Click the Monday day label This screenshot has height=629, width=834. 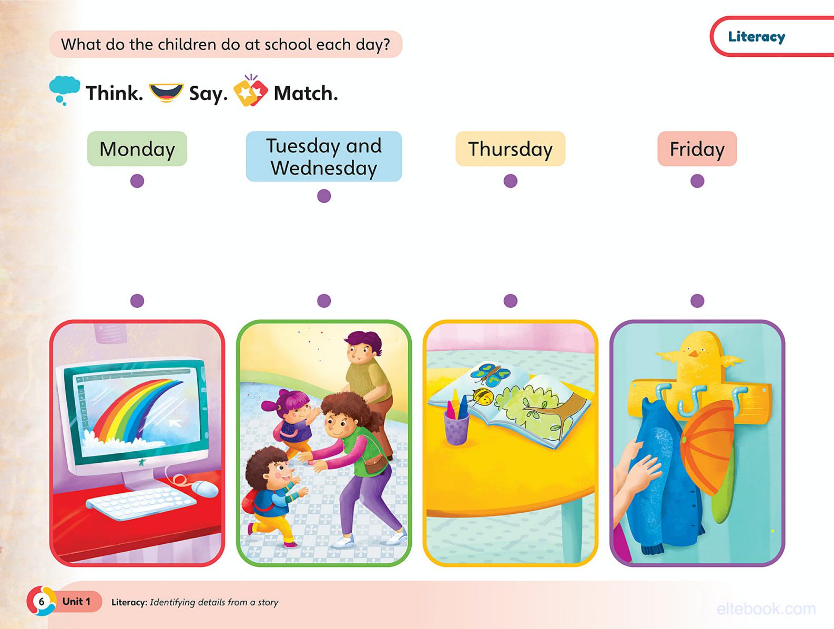coord(137,149)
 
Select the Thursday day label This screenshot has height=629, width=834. coord(510,149)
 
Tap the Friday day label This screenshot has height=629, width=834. coord(697,149)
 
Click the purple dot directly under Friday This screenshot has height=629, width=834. coord(697,181)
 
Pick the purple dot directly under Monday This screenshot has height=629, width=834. coord(137,181)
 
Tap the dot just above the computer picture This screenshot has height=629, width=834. coord(137,300)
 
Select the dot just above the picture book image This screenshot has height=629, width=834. coord(510,300)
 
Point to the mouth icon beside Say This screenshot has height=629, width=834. coord(166,92)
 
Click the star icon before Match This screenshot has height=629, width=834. coord(250,92)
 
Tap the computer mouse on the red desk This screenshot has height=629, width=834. coord(204,489)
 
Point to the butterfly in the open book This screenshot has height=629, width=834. coord(490,374)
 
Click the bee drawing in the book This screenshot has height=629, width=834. coord(484,397)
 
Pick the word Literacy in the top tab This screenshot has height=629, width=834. coord(756,37)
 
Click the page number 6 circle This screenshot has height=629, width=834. coord(41,601)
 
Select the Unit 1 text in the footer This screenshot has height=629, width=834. coord(76,601)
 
